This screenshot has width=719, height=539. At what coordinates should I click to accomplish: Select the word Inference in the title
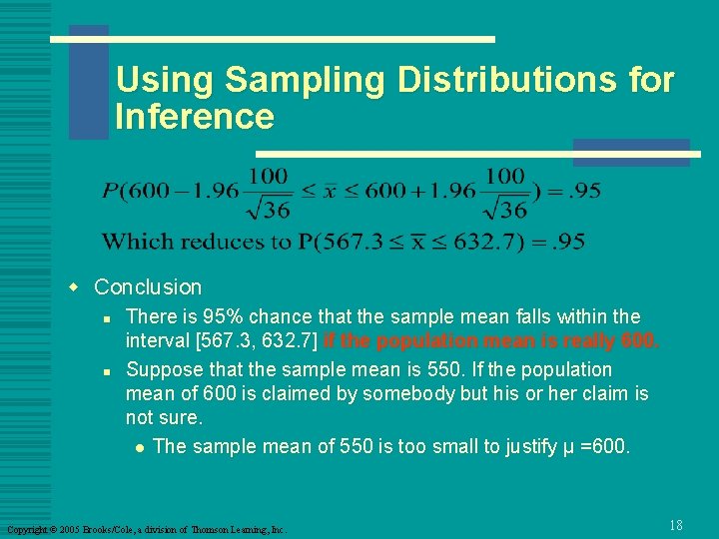194,117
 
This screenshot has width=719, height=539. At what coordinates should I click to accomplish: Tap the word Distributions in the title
500,80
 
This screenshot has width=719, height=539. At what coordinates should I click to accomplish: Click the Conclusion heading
148,287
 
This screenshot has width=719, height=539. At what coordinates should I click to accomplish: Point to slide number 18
676,525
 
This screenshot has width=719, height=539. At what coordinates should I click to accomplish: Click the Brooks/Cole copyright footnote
146,528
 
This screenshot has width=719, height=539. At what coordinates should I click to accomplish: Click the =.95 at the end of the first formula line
572,191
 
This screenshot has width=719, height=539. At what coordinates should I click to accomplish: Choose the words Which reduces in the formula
172,242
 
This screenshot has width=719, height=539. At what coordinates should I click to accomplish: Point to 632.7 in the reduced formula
490,242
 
